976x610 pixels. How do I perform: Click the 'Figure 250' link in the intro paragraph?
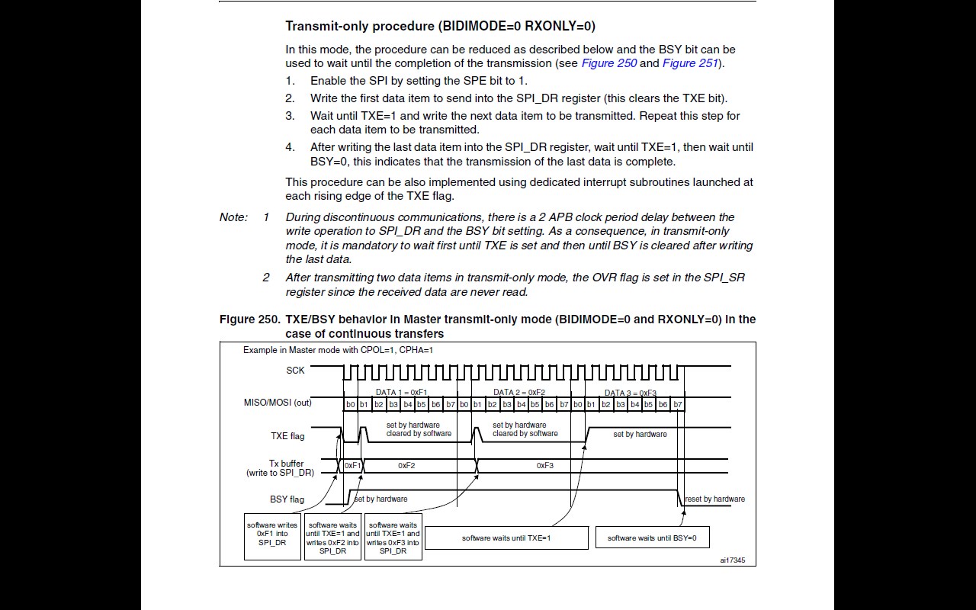click(x=608, y=63)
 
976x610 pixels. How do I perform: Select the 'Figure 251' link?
click(x=690, y=63)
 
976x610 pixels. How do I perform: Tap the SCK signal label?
click(x=295, y=371)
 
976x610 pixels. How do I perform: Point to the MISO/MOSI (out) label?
click(x=272, y=403)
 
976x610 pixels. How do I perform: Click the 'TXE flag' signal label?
click(x=287, y=436)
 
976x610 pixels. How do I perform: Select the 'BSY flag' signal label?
click(x=287, y=499)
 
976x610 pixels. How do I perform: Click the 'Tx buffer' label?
click(x=286, y=464)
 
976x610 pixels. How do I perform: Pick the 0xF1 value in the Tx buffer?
click(x=352, y=465)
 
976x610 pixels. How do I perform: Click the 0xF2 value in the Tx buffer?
click(x=406, y=465)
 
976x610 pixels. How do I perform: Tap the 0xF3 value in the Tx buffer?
click(x=544, y=465)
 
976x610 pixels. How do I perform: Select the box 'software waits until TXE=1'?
click(x=506, y=538)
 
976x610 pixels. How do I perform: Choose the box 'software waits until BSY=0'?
click(x=652, y=538)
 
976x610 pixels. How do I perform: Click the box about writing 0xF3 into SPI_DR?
click(x=393, y=538)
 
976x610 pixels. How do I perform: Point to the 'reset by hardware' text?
click(x=714, y=499)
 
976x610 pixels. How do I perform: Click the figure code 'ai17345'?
click(x=732, y=560)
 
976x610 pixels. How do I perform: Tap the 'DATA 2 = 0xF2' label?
click(x=519, y=393)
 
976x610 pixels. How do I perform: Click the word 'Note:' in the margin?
click(x=233, y=217)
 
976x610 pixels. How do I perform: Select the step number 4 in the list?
click(x=290, y=147)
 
